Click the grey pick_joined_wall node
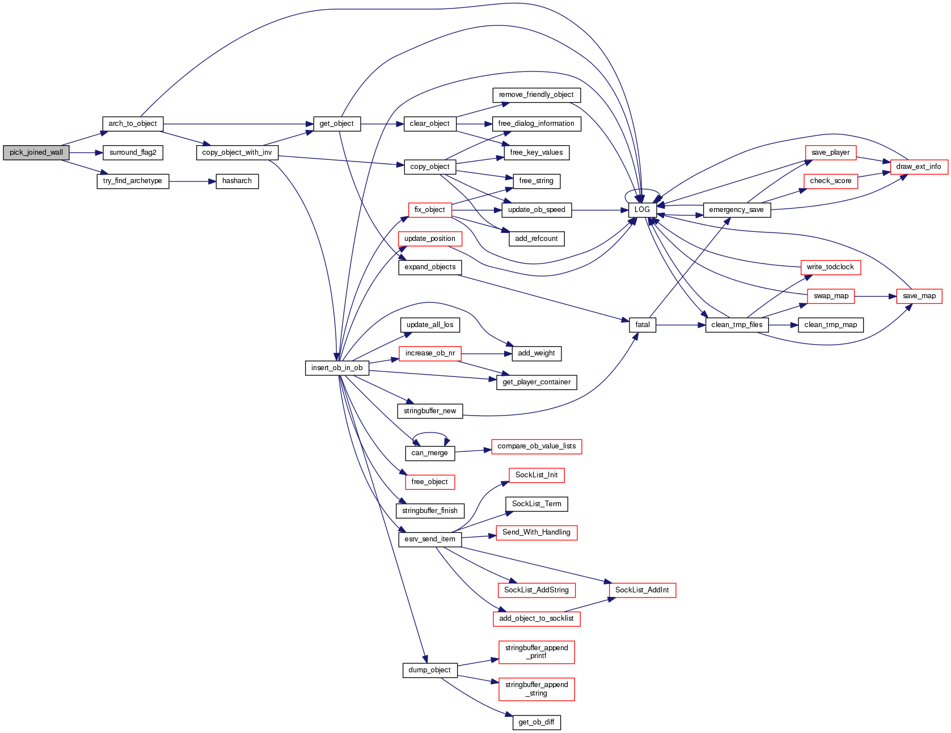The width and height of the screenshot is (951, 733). click(36, 152)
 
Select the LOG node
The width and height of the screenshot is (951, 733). click(642, 210)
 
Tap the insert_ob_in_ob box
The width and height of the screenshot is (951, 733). click(337, 368)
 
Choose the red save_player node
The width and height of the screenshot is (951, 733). click(830, 152)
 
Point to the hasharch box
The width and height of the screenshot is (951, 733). click(237, 181)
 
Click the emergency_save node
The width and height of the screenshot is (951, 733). click(736, 210)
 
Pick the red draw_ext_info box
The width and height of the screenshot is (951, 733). click(919, 167)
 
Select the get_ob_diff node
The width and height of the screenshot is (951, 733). click(536, 722)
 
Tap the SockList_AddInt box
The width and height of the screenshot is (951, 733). click(642, 590)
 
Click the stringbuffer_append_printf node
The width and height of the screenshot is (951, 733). click(536, 652)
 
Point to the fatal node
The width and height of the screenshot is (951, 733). click(643, 325)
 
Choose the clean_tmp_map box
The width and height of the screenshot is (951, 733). click(831, 325)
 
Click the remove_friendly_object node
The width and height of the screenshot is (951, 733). click(536, 95)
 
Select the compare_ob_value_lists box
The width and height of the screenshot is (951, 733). click(536, 447)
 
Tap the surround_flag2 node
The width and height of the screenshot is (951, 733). click(133, 152)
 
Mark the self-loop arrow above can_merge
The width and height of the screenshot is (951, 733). click(430, 434)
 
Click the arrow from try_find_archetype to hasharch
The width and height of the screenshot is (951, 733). click(192, 181)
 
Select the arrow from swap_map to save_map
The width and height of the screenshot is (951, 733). click(875, 296)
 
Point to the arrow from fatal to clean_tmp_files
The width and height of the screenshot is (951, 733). click(681, 325)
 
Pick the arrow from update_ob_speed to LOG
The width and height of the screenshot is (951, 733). click(599, 210)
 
